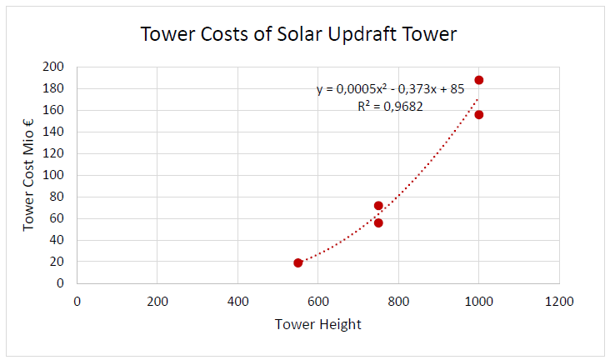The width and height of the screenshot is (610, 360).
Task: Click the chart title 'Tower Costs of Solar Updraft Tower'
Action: pyautogui.click(x=298, y=34)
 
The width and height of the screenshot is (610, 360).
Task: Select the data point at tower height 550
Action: pyautogui.click(x=298, y=262)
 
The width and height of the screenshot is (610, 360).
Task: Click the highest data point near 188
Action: pyautogui.click(x=479, y=80)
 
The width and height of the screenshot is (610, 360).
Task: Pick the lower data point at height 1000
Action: pyautogui.click(x=479, y=114)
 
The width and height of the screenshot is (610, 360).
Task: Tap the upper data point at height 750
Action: pyautogui.click(x=378, y=206)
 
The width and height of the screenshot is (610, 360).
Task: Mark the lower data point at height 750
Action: pyautogui.click(x=378, y=222)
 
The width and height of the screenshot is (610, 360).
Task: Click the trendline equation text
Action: pyautogui.click(x=390, y=89)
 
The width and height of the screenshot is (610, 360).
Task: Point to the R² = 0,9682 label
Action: pyautogui.click(x=390, y=106)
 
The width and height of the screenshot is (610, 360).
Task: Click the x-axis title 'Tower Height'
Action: pyautogui.click(x=317, y=324)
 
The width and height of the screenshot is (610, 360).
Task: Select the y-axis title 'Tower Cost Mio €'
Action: pyautogui.click(x=28, y=175)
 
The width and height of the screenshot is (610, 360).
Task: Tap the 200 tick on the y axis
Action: pyautogui.click(x=53, y=67)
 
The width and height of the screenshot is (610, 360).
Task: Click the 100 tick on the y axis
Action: pyautogui.click(x=53, y=175)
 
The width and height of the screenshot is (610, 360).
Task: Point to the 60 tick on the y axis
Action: pyautogui.click(x=57, y=218)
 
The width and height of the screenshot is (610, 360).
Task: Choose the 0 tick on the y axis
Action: pyautogui.click(x=60, y=283)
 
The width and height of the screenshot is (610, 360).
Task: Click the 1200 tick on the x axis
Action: pyautogui.click(x=559, y=301)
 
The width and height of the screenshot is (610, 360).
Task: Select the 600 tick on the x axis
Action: pyautogui.click(x=318, y=301)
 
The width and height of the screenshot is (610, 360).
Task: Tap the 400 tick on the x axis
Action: pyautogui.click(x=237, y=301)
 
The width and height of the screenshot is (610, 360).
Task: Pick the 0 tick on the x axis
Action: pyautogui.click(x=77, y=301)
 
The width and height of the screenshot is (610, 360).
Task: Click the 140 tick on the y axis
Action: pyautogui.click(x=53, y=132)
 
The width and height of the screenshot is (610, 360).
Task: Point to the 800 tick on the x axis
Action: pyautogui.click(x=399, y=301)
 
